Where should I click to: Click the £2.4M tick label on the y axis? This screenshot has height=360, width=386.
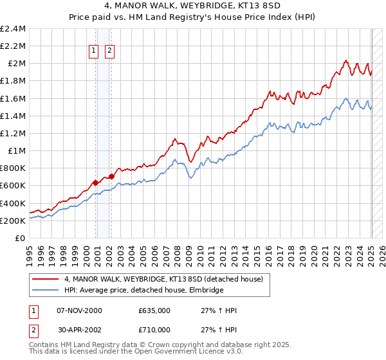[14, 29]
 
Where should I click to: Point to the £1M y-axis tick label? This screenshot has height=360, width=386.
[17, 151]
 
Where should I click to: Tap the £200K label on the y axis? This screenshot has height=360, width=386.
[14, 221]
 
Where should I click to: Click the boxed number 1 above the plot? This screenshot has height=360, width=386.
[94, 50]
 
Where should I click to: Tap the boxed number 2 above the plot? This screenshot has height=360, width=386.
[110, 50]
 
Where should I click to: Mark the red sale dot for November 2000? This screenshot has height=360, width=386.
[96, 183]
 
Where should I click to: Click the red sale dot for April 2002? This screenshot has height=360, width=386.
[111, 176]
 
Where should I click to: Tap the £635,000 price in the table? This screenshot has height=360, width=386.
[154, 310]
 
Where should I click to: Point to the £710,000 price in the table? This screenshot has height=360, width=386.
[154, 330]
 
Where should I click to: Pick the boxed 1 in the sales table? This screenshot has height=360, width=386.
[33, 310]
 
